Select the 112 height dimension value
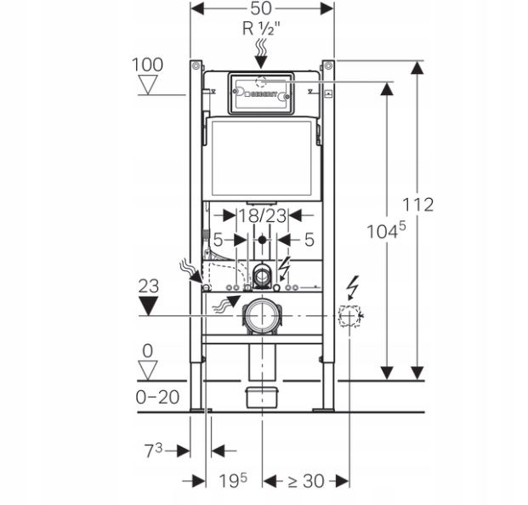click(x=418, y=204)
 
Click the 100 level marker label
click(x=148, y=63)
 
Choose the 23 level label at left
click(x=148, y=287)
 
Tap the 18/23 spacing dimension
click(x=263, y=217)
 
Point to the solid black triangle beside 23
click(x=148, y=305)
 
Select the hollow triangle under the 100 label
click(x=148, y=83)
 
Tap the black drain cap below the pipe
click(x=262, y=395)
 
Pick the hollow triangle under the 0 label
click(x=148, y=368)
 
